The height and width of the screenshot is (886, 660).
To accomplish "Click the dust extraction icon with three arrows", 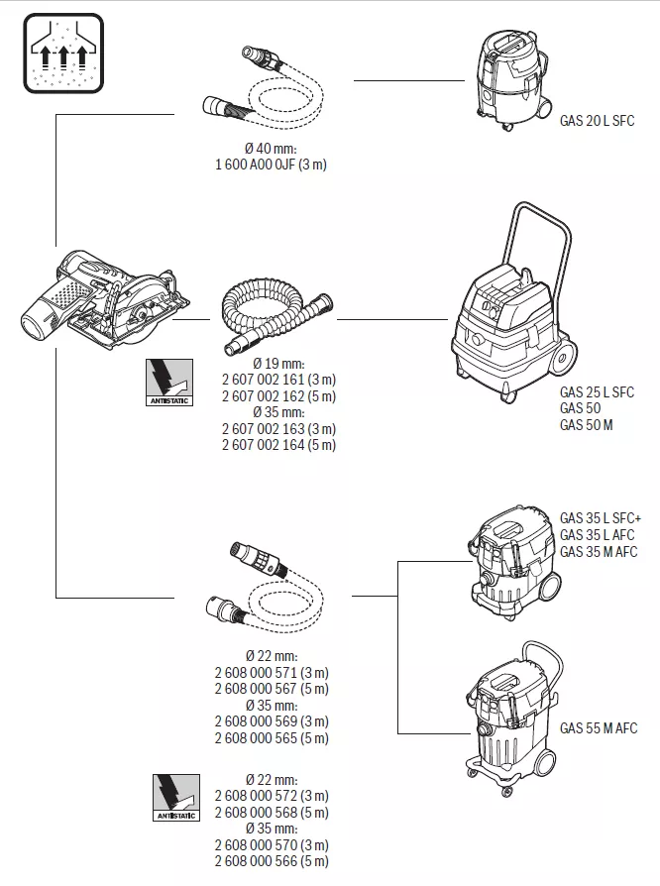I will click(x=62, y=54).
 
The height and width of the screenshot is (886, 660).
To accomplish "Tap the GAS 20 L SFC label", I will click(x=597, y=121).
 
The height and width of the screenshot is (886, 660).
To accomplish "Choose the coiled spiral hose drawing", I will click(x=272, y=312).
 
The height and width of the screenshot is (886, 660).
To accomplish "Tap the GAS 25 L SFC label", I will click(x=597, y=392).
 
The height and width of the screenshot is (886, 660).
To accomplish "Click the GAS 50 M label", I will click(x=586, y=424).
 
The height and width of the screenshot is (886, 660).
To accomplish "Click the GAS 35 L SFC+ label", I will click(x=601, y=518).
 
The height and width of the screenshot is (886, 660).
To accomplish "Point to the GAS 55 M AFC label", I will click(x=599, y=728).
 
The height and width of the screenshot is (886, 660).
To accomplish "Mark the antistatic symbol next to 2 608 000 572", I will click(x=175, y=796).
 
